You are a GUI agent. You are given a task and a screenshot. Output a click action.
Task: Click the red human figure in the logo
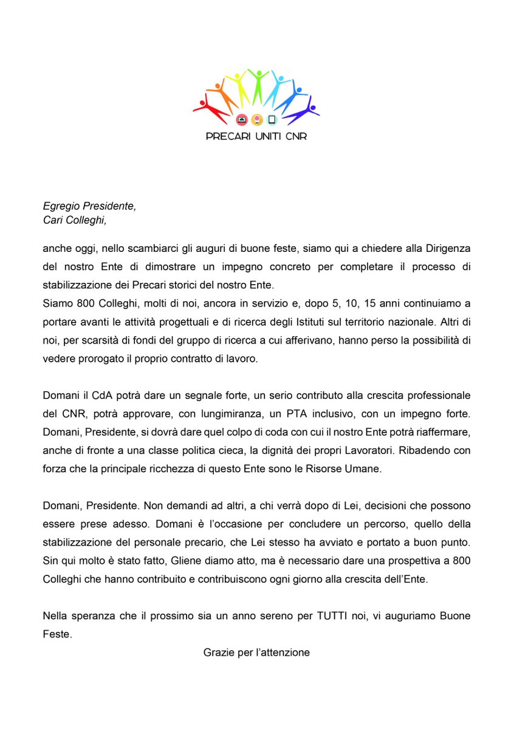coord(210,107)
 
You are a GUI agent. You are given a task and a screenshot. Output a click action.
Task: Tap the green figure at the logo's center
coord(258,86)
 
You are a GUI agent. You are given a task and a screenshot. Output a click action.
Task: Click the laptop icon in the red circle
coord(241,119)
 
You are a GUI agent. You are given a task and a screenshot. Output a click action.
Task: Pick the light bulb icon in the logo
coord(256,119)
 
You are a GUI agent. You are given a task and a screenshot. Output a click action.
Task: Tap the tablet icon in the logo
coord(272,119)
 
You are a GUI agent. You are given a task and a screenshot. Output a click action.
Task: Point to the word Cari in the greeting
coord(53,220)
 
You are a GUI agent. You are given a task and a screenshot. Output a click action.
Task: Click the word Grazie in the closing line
coord(218,653)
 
